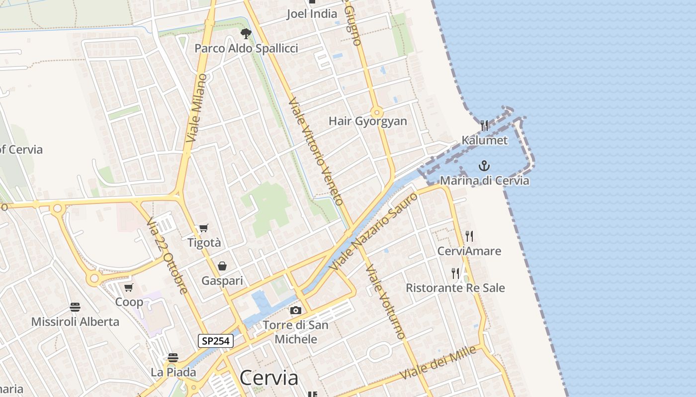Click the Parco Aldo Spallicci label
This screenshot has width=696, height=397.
(246, 48)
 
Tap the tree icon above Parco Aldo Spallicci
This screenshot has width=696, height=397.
(246, 34)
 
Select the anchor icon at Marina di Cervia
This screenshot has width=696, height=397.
(484, 166)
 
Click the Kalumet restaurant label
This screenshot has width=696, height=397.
(485, 140)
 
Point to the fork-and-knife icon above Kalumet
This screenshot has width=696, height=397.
(484, 125)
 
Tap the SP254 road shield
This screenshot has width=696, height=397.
(216, 341)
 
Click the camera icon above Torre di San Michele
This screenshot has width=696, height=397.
(296, 311)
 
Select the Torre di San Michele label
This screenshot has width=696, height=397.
(295, 332)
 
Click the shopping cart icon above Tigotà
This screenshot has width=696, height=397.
(204, 228)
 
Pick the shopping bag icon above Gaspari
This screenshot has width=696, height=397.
(222, 266)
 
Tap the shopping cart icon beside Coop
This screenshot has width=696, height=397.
(129, 287)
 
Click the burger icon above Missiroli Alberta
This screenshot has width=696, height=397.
(75, 307)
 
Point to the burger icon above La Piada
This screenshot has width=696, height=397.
(173, 357)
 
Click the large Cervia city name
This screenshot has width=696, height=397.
(269, 378)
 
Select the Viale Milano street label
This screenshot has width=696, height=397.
(196, 108)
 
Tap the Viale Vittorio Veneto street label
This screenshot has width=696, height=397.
(316, 151)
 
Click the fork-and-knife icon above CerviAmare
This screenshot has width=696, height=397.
(469, 236)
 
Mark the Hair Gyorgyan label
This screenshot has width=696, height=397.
(368, 121)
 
